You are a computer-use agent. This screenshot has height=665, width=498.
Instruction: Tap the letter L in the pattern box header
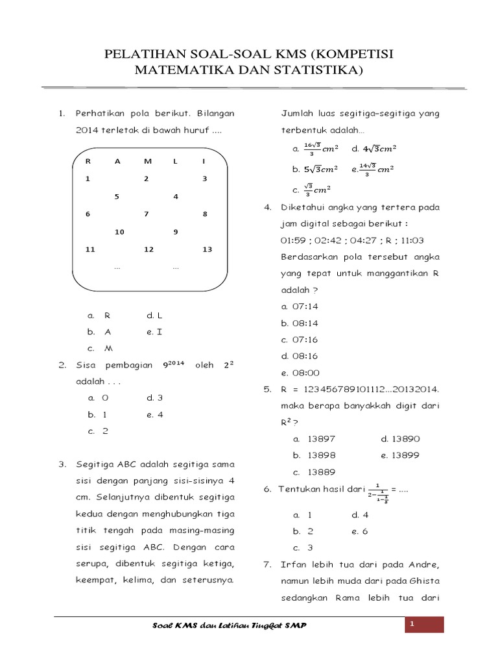(x=175, y=161)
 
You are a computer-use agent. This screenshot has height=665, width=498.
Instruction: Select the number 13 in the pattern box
(x=207, y=249)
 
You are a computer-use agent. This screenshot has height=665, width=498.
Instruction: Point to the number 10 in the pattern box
(x=119, y=232)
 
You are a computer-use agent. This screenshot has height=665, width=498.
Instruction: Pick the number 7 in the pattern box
(x=147, y=214)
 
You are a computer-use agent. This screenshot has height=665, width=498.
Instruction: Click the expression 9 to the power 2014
(x=174, y=364)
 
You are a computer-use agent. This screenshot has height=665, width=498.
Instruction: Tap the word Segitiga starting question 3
(x=96, y=464)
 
